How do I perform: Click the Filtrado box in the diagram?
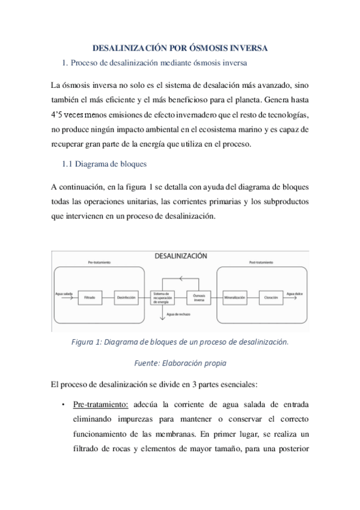coord(91,296)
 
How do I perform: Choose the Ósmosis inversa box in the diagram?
coord(199,296)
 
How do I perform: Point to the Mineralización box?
coord(236,296)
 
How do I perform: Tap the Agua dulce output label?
coord(294,293)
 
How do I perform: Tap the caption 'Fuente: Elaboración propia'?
coord(180,363)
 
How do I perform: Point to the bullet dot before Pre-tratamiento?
coord(63,405)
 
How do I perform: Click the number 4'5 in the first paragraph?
coord(58,114)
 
